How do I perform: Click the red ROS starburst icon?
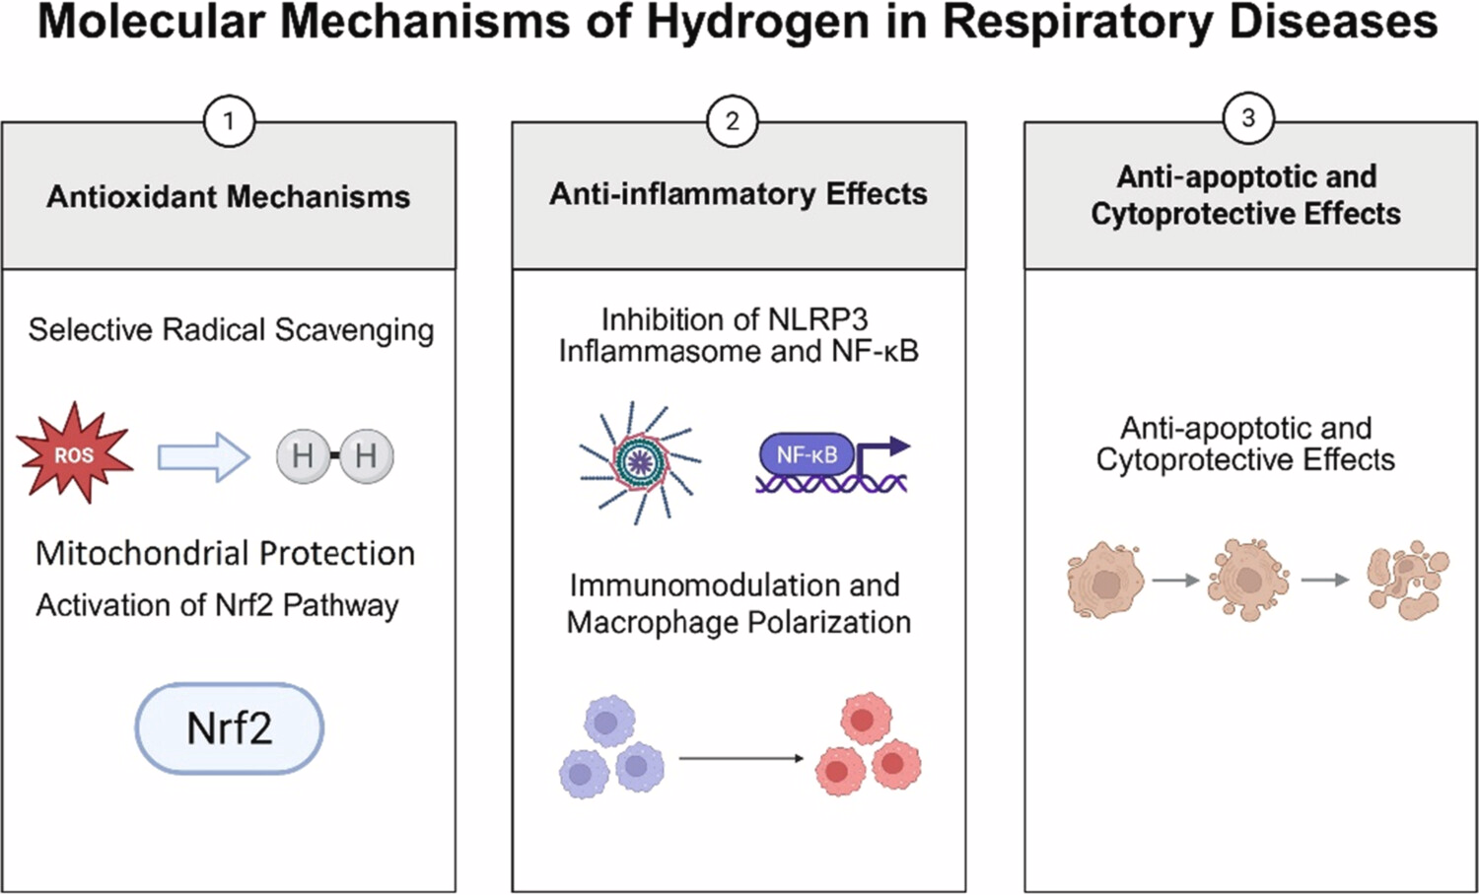coord(74,454)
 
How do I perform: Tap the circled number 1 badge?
coord(229,121)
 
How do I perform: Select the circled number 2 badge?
coord(732,121)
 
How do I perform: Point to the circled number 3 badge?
coord(1247,118)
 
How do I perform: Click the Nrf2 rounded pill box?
coord(229,728)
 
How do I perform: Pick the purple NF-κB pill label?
coord(807,454)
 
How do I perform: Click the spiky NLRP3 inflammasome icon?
coord(640,460)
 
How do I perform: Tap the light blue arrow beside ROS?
coord(203,456)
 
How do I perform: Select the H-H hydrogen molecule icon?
coord(335,455)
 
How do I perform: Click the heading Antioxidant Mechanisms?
coord(228,196)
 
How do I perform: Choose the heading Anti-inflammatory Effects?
coord(738,193)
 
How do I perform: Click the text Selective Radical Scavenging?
coord(231,329)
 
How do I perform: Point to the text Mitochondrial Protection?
coord(225,553)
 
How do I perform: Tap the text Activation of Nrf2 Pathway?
coord(217,604)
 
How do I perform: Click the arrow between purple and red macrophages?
coord(741,758)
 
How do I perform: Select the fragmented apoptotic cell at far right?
coord(1407,579)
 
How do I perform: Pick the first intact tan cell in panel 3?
coord(1104,581)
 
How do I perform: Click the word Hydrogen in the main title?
coord(756,22)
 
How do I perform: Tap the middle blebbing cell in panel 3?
coord(1248,579)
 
